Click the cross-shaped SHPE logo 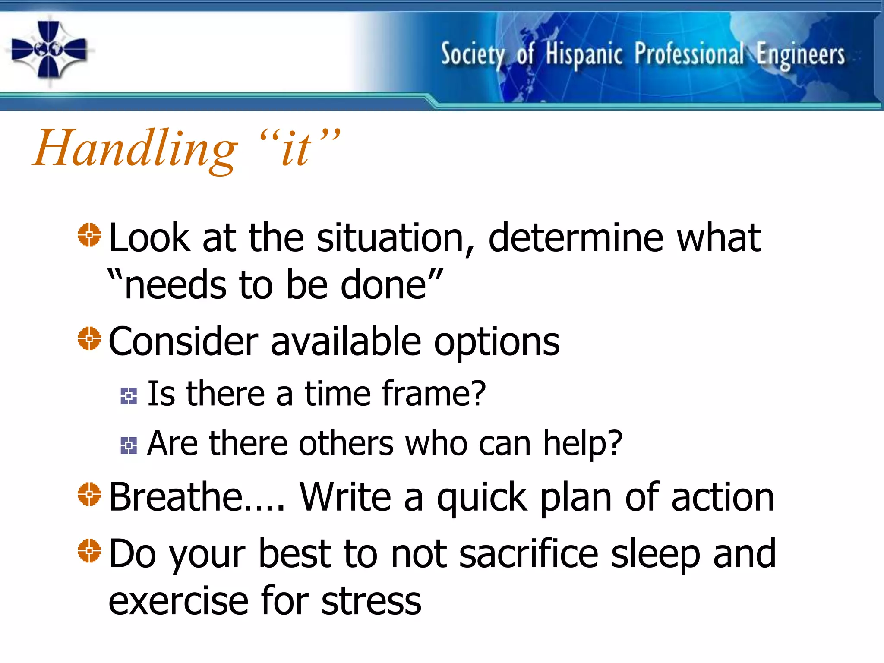(49, 50)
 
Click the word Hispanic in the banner (584, 55)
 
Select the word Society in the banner (472, 55)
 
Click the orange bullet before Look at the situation (89, 235)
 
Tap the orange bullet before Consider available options (89, 339)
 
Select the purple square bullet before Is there (129, 396)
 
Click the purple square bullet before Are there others (129, 445)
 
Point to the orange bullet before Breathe (89, 494)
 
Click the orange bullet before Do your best (89, 551)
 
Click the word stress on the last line (371, 601)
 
